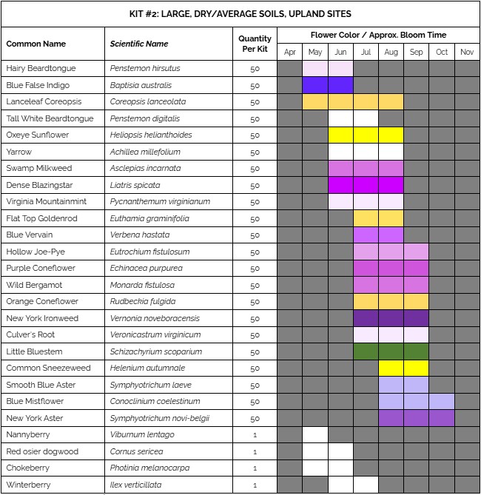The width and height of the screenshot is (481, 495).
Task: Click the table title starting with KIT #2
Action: point(240,13)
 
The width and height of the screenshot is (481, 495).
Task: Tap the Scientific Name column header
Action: point(139,44)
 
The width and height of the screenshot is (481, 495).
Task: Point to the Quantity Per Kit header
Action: point(255,44)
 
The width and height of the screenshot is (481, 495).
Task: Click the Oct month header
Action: point(442,52)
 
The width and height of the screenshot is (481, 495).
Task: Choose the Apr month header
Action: point(289,52)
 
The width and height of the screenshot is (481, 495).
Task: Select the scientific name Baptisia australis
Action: point(141,85)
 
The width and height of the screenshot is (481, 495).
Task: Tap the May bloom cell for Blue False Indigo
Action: point(315,85)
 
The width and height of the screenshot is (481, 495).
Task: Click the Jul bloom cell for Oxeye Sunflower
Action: point(366,135)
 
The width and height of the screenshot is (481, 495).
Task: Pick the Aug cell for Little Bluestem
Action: point(391,351)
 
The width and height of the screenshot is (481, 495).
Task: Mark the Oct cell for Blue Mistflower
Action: point(442,401)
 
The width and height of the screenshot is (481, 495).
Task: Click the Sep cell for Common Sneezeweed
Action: point(416,368)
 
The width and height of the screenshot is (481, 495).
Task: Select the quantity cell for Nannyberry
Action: point(255,434)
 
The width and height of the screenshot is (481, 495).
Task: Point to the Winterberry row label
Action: point(28,485)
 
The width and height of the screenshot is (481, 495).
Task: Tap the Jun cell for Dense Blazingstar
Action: point(340,185)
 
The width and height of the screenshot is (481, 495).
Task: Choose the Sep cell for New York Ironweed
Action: point(416,318)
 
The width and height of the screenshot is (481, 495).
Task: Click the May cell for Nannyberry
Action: point(315,434)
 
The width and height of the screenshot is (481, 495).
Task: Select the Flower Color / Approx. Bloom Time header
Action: point(377,35)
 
